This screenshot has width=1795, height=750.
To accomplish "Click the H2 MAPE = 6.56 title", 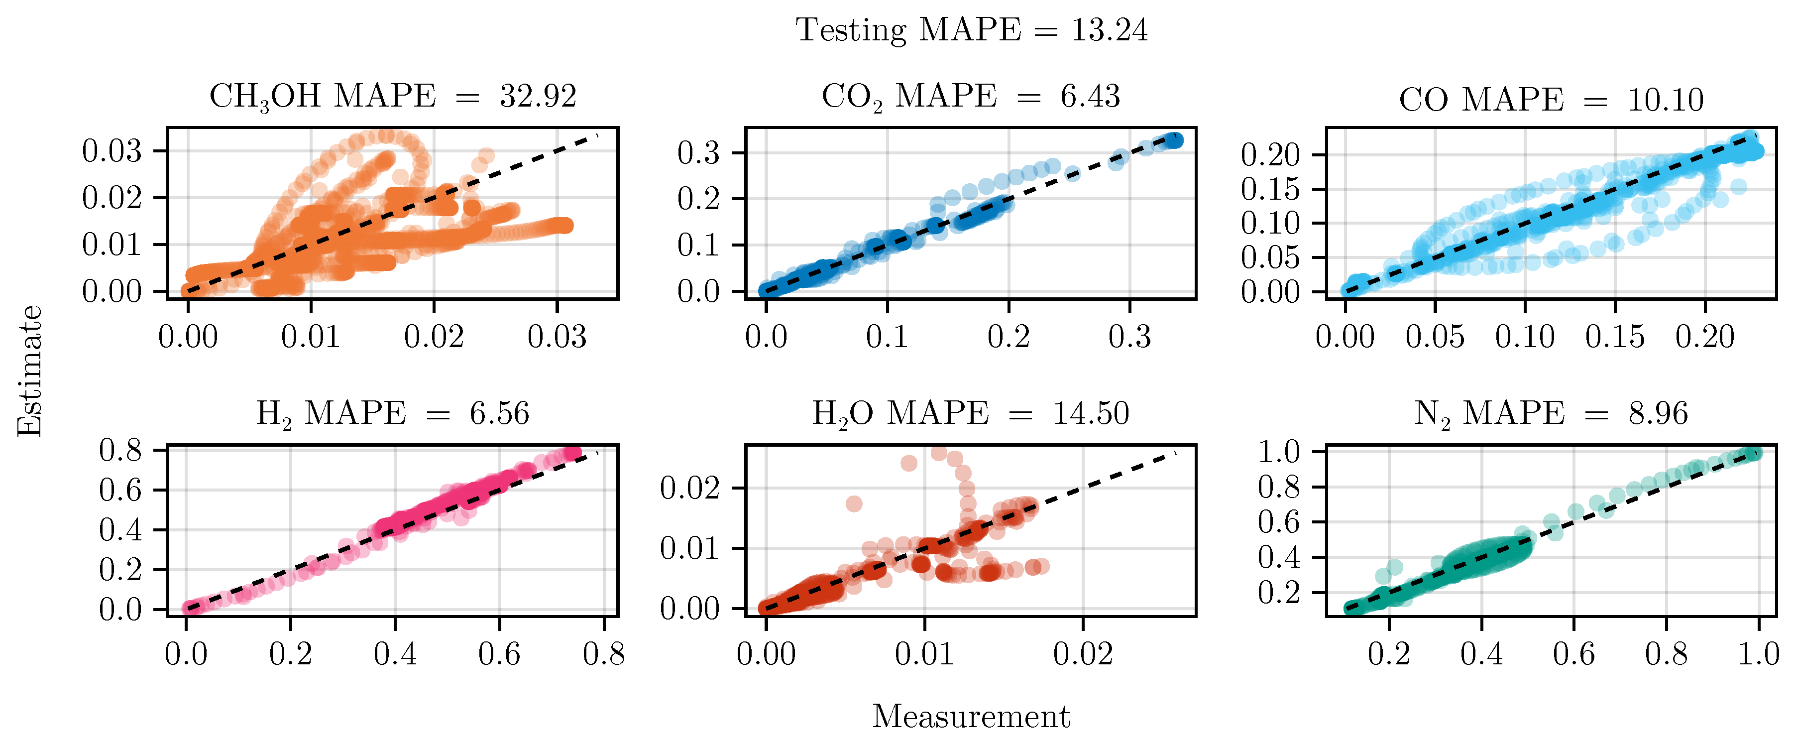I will click(x=392, y=414).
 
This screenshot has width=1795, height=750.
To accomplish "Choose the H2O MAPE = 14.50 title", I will click(x=971, y=414).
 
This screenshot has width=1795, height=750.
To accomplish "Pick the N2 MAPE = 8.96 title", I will click(x=1551, y=414).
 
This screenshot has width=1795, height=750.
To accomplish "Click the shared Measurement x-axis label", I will click(x=971, y=717).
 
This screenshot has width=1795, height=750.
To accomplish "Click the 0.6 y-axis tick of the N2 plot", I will click(x=1279, y=522).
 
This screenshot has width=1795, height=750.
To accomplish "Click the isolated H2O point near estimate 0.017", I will click(x=854, y=503).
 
